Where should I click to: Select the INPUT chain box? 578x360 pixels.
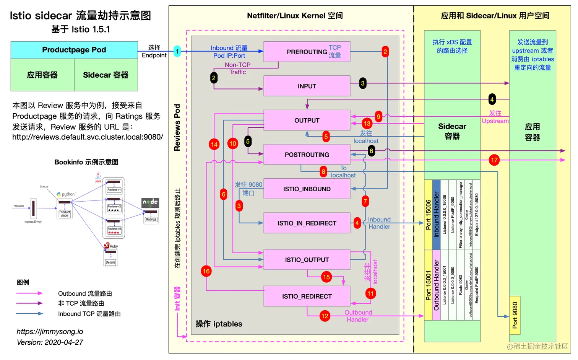coord(307,86)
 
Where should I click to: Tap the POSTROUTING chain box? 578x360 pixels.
coord(307,155)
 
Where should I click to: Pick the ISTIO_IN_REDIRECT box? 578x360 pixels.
coord(307,223)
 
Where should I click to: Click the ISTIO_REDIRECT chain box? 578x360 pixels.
coord(307,296)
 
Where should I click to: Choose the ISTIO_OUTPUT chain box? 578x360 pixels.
coord(307,260)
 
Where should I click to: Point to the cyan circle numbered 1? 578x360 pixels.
coord(177,51)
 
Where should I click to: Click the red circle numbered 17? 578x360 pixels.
coord(494,160)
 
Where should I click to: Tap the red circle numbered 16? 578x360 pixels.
coord(206,271)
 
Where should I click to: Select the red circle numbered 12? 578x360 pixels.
coord(325,316)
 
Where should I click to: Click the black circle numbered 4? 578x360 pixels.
coord(492,99)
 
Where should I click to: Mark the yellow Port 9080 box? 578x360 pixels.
coord(515,315)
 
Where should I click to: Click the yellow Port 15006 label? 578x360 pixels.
coord(428,215)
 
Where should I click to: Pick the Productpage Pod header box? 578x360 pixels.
coord(74,50)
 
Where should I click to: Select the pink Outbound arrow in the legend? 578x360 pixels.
coord(29,293)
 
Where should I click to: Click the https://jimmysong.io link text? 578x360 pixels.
coord(50,332)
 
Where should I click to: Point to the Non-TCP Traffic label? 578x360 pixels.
coord(237,68)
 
